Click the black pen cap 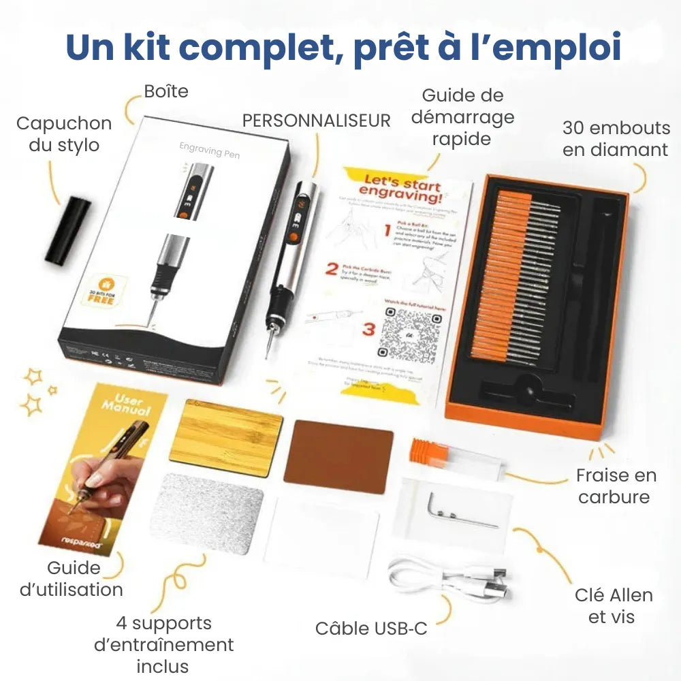(x=68, y=232)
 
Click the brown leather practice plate (x=338, y=456)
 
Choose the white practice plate (x=321, y=537)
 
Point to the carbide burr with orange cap (x=455, y=458)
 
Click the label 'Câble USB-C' (x=371, y=628)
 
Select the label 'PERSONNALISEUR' (x=316, y=121)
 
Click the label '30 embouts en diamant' (x=616, y=138)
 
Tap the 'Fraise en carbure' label (x=613, y=486)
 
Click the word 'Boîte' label (x=166, y=91)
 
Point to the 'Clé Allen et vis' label (x=613, y=605)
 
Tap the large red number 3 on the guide (x=368, y=330)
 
